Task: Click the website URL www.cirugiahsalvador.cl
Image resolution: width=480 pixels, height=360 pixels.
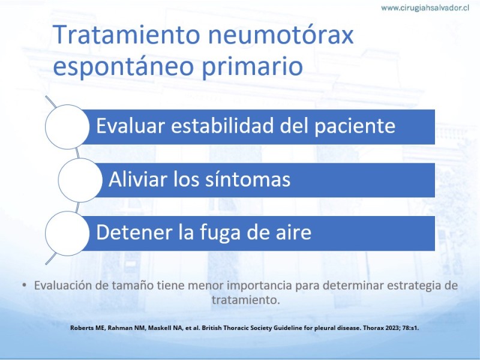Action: pyautogui.click(x=425, y=8)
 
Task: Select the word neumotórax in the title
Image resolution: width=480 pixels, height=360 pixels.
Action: pyautogui.click(x=281, y=34)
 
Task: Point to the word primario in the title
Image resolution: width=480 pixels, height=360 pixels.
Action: pyautogui.click(x=253, y=66)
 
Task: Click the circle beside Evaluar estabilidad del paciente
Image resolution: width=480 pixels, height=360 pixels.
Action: pyautogui.click(x=67, y=127)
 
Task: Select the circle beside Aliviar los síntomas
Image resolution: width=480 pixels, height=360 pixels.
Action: pyautogui.click(x=80, y=180)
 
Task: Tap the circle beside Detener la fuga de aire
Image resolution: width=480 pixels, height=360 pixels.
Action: pyautogui.click(x=67, y=233)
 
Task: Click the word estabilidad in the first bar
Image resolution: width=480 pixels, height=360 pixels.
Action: pyautogui.click(x=222, y=125)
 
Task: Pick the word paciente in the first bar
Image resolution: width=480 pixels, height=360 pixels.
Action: pyautogui.click(x=355, y=127)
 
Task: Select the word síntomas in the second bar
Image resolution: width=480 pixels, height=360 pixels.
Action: pyautogui.click(x=248, y=179)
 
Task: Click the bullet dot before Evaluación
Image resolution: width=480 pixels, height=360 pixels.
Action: pyautogui.click(x=25, y=286)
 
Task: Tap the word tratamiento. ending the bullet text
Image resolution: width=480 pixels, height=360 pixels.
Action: pyautogui.click(x=246, y=299)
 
